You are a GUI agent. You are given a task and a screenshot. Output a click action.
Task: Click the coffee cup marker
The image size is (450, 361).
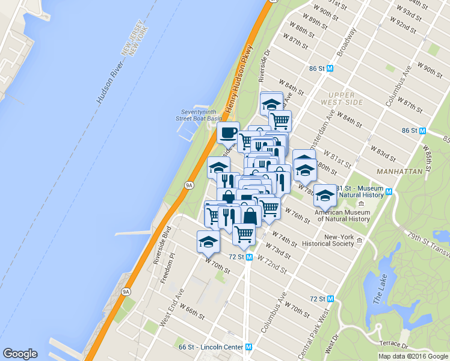228,132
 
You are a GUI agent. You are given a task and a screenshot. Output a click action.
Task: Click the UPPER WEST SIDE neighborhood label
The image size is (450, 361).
346,99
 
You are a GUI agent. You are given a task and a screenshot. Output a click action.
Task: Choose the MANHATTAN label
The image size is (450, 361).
399,171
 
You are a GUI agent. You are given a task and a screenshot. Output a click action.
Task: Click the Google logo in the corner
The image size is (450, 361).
20,354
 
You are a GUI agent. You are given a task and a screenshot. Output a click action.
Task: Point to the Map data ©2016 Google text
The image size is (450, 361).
413,356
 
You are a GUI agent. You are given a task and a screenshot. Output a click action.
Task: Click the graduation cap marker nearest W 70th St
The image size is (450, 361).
208,241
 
